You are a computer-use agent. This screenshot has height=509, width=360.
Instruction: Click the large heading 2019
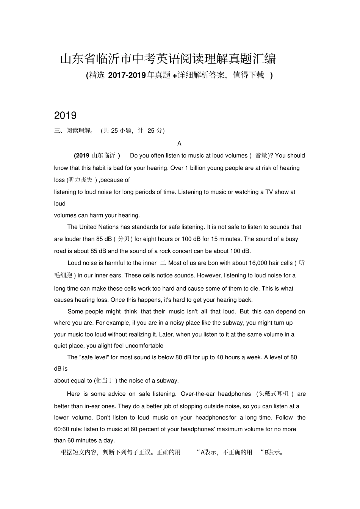[x=66, y=116]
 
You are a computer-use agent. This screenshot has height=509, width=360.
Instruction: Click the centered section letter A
[x=179, y=144]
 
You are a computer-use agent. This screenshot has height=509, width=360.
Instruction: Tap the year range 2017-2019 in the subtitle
[x=127, y=75]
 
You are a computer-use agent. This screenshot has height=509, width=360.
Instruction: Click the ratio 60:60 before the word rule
[x=61, y=429]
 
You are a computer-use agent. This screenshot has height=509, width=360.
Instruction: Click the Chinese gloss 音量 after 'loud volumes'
[x=261, y=155]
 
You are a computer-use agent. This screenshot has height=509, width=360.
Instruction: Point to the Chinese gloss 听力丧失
[x=80, y=180]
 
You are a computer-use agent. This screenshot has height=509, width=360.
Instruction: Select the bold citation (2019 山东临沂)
[x=97, y=155]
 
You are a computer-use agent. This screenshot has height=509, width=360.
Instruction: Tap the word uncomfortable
[x=144, y=346]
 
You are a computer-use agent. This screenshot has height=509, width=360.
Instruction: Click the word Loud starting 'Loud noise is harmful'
[x=74, y=263]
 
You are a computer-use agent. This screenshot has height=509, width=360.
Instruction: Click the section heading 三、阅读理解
[x=73, y=131]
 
